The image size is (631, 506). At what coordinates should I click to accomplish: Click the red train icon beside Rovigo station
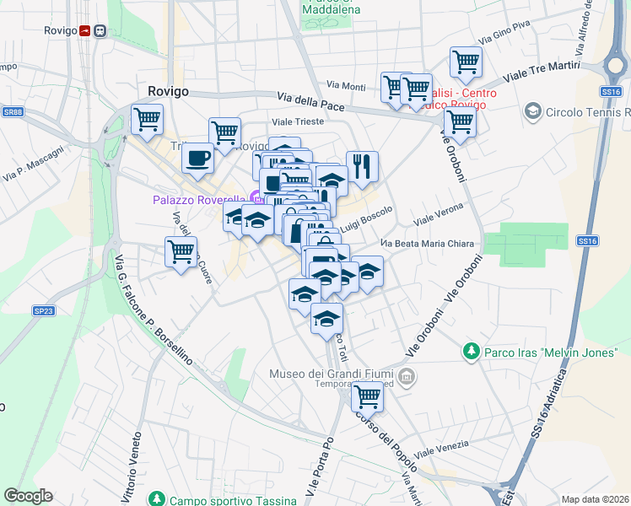coord(85,31)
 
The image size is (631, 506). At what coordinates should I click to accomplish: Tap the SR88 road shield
coord(12,111)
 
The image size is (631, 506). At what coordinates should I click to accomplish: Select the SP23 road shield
coord(43,311)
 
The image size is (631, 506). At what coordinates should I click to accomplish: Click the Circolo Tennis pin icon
coord(532,111)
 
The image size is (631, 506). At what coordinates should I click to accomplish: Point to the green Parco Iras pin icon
coord(471,350)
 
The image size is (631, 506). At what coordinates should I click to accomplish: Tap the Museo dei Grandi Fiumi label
coord(332,374)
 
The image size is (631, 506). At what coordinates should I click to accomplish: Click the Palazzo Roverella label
coord(200,200)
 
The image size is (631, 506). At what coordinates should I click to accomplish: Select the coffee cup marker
coord(197,159)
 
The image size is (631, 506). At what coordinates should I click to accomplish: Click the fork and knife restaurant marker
coord(362,166)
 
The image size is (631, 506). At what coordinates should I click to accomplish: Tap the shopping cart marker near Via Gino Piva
coord(466,62)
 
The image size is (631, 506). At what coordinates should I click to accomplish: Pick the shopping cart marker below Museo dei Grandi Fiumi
coord(366,396)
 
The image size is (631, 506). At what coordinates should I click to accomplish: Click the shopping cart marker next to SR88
coord(147,120)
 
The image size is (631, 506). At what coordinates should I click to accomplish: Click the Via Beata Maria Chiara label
coord(427,244)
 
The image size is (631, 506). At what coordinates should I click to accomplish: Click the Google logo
coord(28,496)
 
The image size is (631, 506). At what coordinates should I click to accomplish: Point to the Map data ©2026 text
coord(594,499)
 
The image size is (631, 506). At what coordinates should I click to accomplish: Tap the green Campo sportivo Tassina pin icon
coord(155,499)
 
